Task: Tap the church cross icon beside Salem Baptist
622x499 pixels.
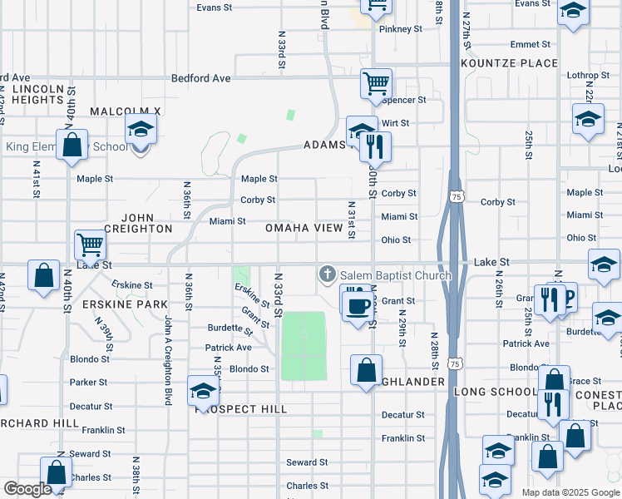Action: (x=328, y=274)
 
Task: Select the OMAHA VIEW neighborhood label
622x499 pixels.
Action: (x=304, y=228)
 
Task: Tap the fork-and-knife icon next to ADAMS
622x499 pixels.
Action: (x=376, y=147)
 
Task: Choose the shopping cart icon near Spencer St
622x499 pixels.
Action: (x=376, y=82)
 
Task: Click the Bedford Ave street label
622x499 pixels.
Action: (x=200, y=79)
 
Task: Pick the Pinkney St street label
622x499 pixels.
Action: (x=401, y=29)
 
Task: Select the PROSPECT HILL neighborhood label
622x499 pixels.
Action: (x=241, y=409)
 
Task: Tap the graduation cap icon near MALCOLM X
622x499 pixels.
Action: (x=141, y=130)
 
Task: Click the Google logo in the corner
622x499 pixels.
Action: (x=27, y=490)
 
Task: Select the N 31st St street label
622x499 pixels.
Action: (x=352, y=220)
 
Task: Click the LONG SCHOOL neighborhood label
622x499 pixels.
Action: (x=496, y=392)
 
